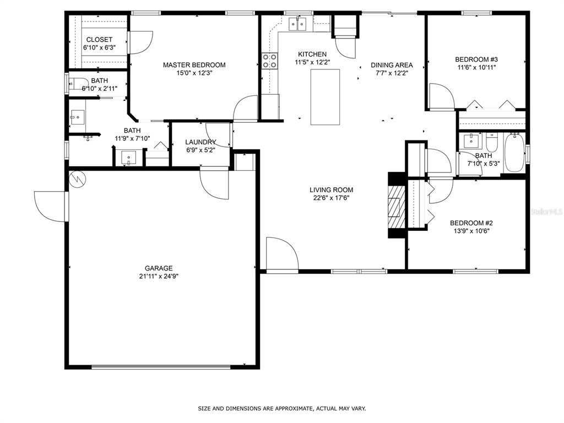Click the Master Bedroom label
[x=194, y=65]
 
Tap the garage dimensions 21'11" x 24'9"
[x=159, y=276]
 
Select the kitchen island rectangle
[x=325, y=97]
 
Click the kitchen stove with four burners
[x=270, y=61]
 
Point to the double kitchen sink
[x=298, y=24]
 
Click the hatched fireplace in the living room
[x=397, y=206]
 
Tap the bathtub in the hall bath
[x=514, y=153]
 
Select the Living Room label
[x=331, y=189]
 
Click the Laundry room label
[x=200, y=142]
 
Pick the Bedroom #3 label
[x=476, y=59]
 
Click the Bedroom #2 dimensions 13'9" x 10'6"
[x=471, y=231]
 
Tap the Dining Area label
[x=392, y=65]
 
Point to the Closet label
[x=99, y=40]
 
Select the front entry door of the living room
[x=283, y=253]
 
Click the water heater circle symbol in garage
[x=78, y=179]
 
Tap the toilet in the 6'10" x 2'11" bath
[x=78, y=84]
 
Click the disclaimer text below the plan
[x=282, y=408]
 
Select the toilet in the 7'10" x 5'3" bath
[x=491, y=143]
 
